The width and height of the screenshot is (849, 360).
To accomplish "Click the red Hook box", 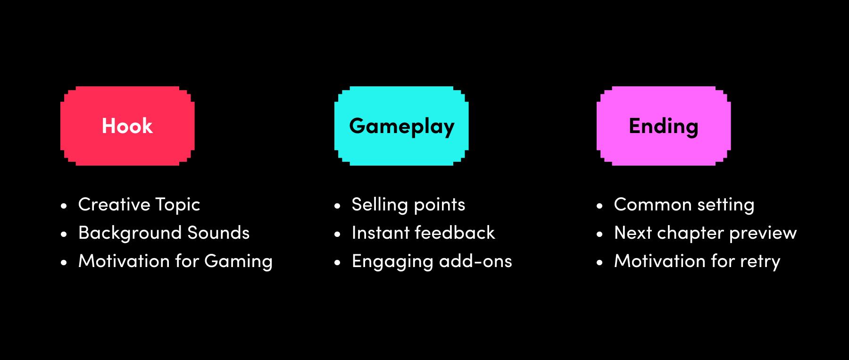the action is [127, 126].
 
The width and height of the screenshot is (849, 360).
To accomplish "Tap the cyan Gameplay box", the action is [401, 126].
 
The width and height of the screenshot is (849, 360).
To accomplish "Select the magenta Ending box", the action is [664, 126].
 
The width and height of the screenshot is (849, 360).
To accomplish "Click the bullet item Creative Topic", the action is [139, 205].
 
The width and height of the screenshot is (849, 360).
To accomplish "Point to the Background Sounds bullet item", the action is [164, 233].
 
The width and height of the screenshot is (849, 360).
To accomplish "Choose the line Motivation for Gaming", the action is [175, 261].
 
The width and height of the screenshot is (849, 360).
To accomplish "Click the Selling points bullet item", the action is [408, 205].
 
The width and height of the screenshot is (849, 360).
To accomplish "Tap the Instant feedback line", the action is [423, 233].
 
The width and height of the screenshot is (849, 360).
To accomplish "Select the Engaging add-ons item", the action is [432, 261].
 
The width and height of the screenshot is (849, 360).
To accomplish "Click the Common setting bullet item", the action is [684, 205].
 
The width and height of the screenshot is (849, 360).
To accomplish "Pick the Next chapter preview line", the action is [705, 233].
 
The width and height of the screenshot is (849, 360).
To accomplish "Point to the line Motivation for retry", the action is [697, 261].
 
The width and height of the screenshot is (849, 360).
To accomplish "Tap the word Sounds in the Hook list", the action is [218, 233].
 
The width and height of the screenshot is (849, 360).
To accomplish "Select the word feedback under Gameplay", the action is [455, 233].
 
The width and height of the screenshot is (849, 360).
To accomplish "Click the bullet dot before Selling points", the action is [337, 206].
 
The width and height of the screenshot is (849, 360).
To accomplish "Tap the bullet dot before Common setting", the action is [599, 206].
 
